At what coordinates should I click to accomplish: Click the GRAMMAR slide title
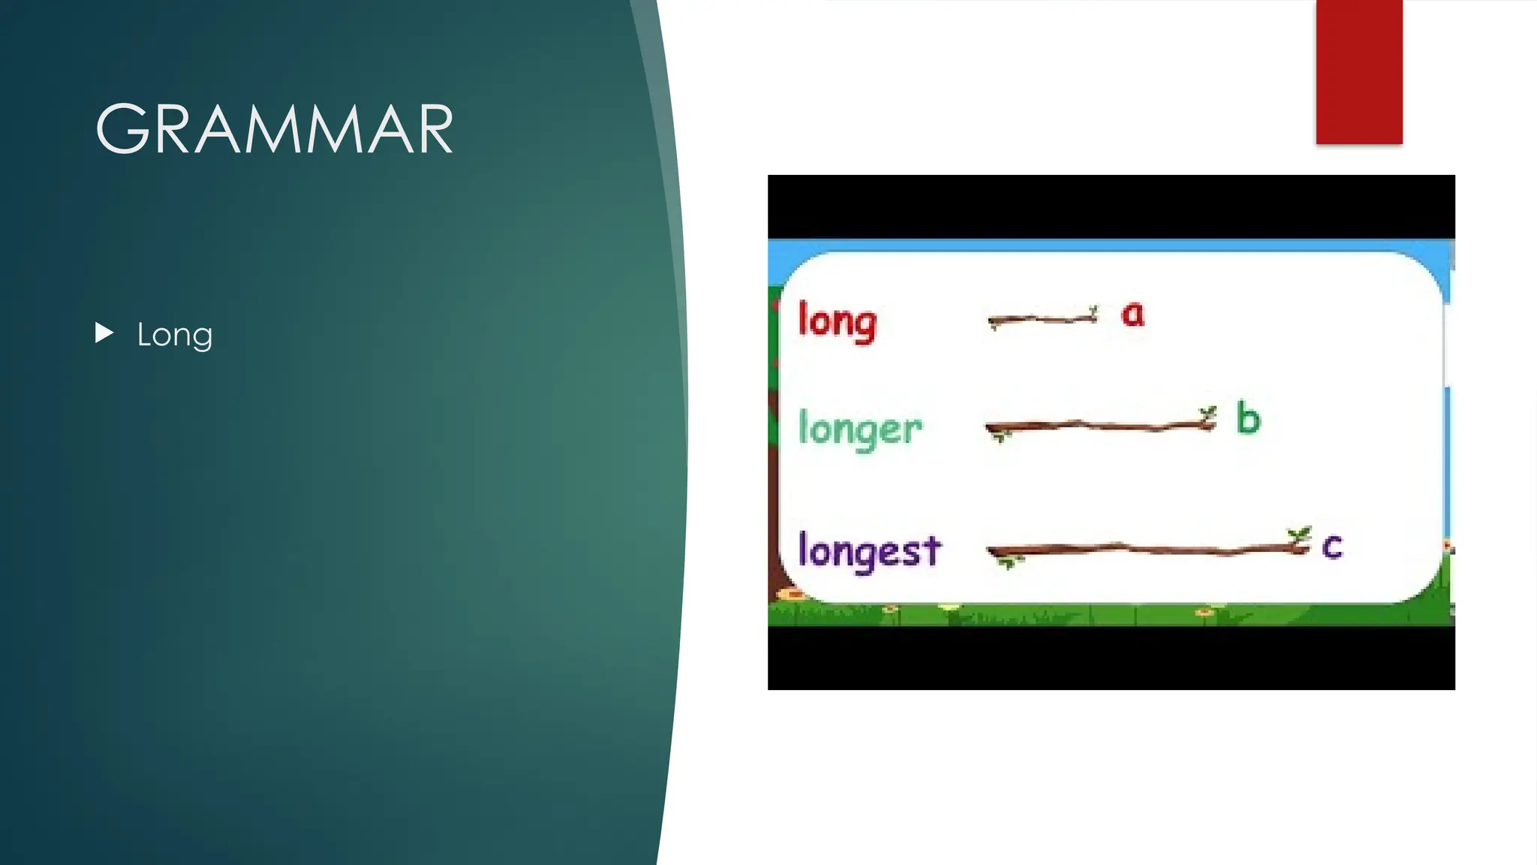click(x=275, y=129)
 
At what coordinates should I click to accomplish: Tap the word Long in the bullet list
click(x=174, y=335)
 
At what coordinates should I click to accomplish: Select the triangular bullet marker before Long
click(x=104, y=333)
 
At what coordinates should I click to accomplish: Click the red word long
click(x=837, y=321)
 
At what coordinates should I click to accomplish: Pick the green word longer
click(x=860, y=429)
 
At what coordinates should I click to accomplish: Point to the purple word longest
click(x=869, y=550)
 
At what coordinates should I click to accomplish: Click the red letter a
click(x=1132, y=313)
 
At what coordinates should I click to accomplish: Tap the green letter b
click(x=1248, y=418)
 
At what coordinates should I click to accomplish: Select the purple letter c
click(x=1332, y=546)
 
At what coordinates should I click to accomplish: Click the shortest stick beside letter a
click(x=1042, y=319)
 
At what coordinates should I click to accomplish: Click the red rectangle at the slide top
click(x=1359, y=71)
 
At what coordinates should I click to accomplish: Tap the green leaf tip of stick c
click(x=1299, y=534)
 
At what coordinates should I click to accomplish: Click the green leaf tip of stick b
click(x=1208, y=412)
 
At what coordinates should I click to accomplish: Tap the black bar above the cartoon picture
click(x=1111, y=206)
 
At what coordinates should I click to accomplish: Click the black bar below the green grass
click(x=1111, y=658)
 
